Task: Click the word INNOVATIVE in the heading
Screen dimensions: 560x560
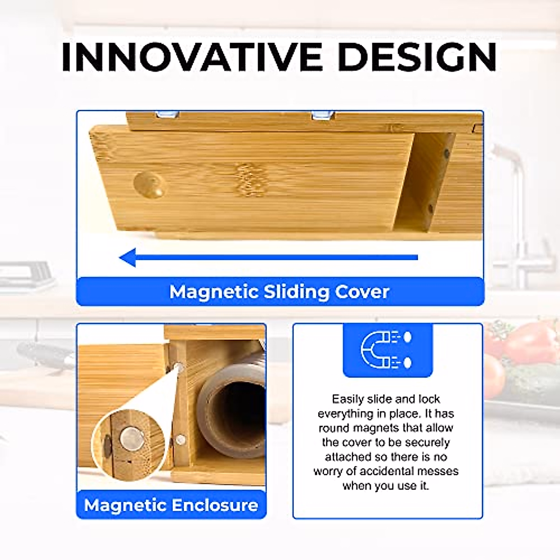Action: [x=192, y=56]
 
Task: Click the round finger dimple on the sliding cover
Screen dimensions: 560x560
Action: [x=150, y=184]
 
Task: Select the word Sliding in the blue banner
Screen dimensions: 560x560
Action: [x=296, y=292]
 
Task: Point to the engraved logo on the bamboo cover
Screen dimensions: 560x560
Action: [x=251, y=179]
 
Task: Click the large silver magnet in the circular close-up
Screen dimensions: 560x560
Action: [x=132, y=439]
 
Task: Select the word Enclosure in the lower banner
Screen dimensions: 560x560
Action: [x=215, y=505]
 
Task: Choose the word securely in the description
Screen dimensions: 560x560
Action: [x=427, y=442]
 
